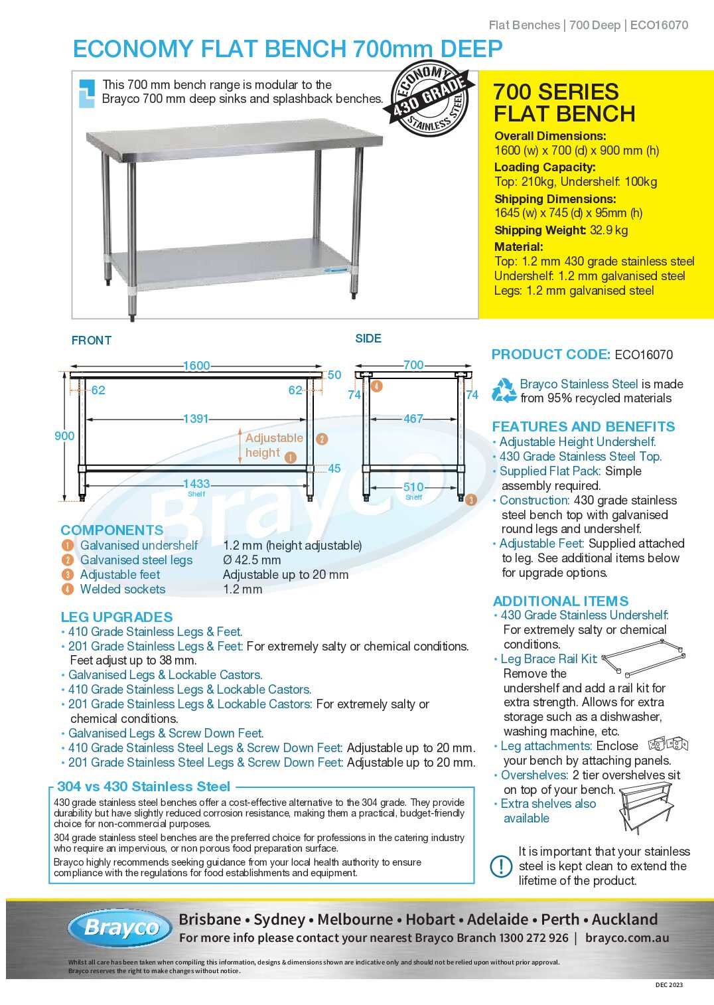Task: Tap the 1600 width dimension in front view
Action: coord(196,366)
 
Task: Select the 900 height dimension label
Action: coord(64,436)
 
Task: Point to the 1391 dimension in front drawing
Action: coord(196,419)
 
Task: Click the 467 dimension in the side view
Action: coord(413,419)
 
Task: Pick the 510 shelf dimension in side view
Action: coord(413,487)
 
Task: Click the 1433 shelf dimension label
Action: coord(196,485)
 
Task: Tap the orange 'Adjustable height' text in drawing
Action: coord(273,445)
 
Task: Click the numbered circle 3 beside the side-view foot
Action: coord(470,500)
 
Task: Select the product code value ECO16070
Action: coord(644,354)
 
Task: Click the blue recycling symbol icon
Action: coord(504,390)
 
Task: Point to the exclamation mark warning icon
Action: coord(501,866)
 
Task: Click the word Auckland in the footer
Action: coord(624,919)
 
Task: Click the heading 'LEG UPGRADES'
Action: coord(117,617)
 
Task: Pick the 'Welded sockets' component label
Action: coord(123,589)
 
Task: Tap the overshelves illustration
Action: coord(646,806)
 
